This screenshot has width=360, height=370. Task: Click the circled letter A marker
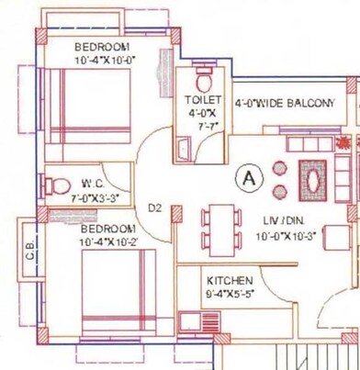(246, 177)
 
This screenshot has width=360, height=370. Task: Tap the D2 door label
(155, 208)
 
